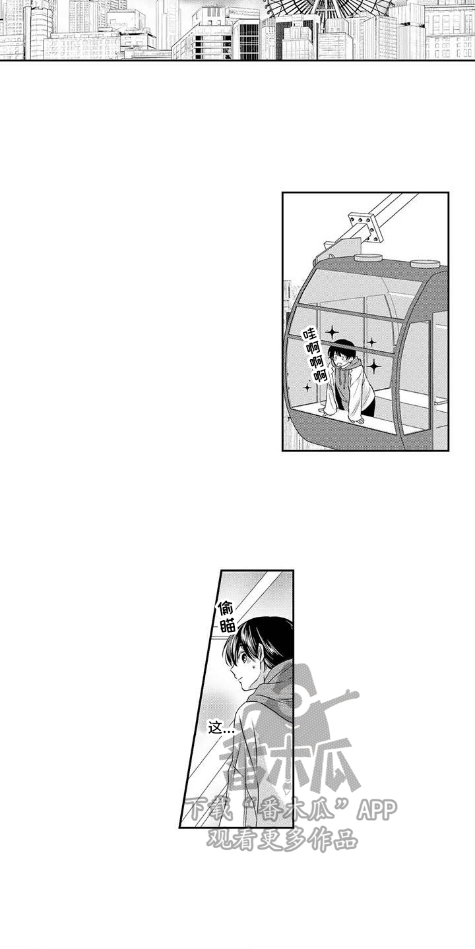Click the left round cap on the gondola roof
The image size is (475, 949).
click(368, 258)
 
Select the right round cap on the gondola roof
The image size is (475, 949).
click(426, 264)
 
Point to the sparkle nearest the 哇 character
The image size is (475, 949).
click(332, 331)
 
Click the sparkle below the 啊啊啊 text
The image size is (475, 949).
click(307, 388)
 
